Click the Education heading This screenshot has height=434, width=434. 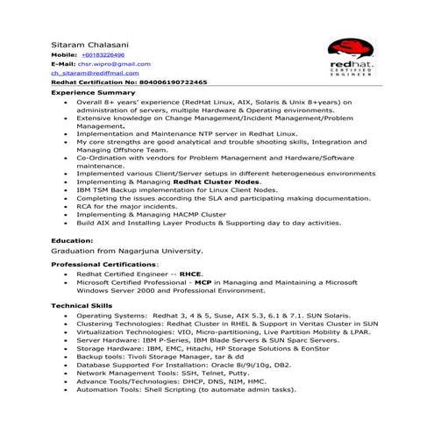point(72,239)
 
